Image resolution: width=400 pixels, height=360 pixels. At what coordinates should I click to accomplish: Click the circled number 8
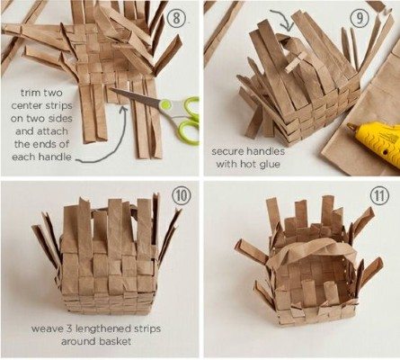pyautogui.click(x=176, y=18)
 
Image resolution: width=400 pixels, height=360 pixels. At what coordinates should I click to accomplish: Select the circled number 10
pyautogui.click(x=182, y=195)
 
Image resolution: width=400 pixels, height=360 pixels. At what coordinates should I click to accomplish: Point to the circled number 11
pyautogui.click(x=379, y=196)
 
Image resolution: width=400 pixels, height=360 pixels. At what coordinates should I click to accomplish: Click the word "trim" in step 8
pyautogui.click(x=30, y=93)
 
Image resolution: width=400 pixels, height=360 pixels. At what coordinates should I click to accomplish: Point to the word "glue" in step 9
pyautogui.click(x=270, y=165)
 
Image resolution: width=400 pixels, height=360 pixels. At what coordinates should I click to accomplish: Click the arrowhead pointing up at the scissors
pyautogui.click(x=122, y=109)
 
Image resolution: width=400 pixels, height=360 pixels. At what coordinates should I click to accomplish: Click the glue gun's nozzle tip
pyautogui.click(x=350, y=126)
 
